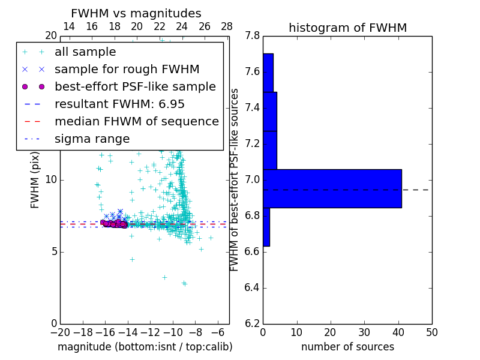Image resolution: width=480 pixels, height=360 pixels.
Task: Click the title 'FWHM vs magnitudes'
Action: coord(136,13)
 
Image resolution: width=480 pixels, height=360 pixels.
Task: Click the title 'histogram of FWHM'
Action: coord(347,28)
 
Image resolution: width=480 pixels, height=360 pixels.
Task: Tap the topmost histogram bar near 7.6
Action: coord(268,73)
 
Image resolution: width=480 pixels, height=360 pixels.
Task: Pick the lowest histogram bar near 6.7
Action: coord(266,227)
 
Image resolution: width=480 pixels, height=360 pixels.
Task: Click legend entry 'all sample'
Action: coord(81,52)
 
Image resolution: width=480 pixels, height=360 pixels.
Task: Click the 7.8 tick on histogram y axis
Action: coord(253,36)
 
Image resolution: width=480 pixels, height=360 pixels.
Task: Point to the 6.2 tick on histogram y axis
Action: coord(253,323)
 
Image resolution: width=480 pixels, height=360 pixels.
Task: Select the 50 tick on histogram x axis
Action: coord(431,332)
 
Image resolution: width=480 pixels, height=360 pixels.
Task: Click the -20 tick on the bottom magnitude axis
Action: coord(60,332)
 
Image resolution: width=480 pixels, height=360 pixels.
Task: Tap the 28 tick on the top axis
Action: coord(227,26)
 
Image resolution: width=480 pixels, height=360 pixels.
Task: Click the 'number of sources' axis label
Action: coord(347,347)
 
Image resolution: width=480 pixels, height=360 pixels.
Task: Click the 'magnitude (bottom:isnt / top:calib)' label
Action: coord(145,347)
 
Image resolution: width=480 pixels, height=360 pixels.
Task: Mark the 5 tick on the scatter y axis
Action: coord(53,251)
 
